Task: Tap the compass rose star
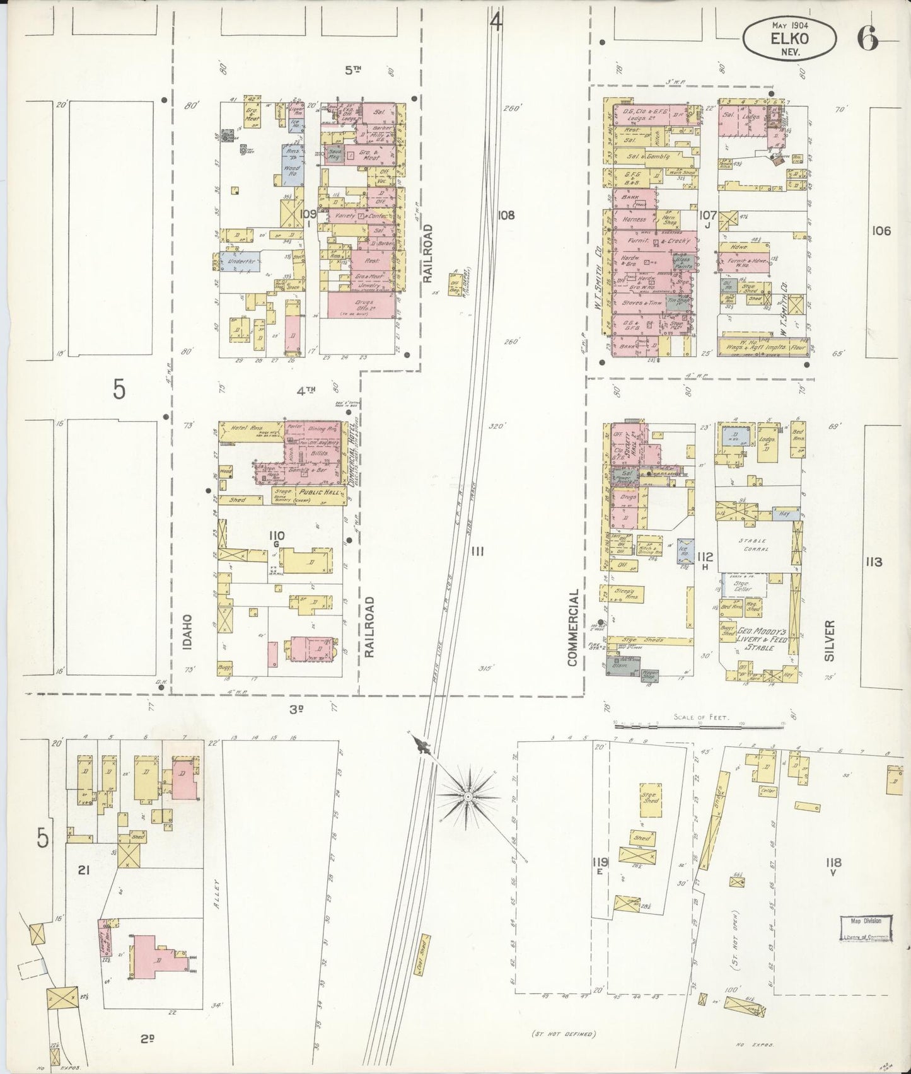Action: (x=468, y=797)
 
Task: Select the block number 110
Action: (x=277, y=536)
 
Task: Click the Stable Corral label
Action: (x=754, y=545)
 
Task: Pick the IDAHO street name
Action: (x=189, y=630)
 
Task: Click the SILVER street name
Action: (x=828, y=640)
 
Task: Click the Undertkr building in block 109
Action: (x=240, y=260)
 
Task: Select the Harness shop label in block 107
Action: (x=634, y=219)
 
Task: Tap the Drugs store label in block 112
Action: (x=627, y=497)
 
